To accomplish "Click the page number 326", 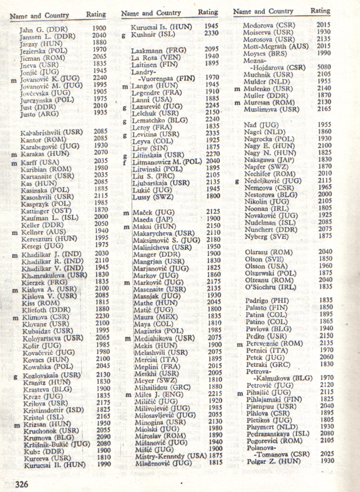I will pos(22,484).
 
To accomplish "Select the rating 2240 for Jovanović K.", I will pos(99,78).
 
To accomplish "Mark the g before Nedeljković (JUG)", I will pos(237,180).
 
